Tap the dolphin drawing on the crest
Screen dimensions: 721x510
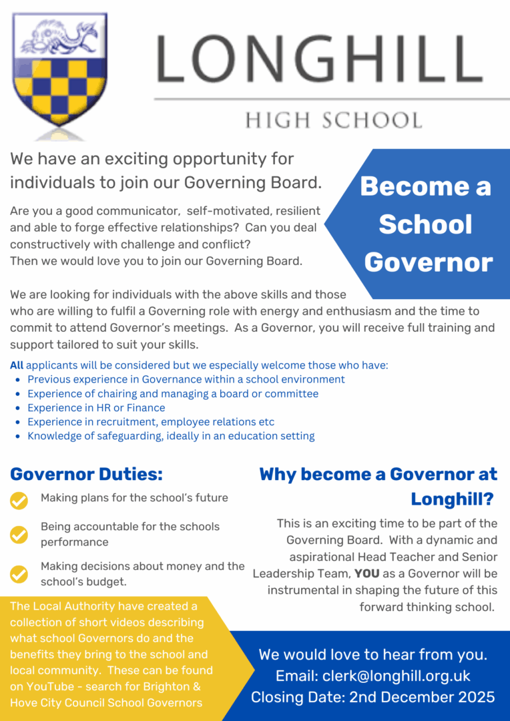click(60, 37)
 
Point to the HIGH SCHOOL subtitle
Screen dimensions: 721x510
click(334, 120)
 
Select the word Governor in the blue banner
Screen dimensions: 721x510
click(428, 262)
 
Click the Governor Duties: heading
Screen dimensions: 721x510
click(87, 475)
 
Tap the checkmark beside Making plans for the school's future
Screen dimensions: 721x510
click(19, 500)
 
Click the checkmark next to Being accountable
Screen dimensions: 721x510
click(19, 534)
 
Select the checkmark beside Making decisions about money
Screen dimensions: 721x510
click(19, 573)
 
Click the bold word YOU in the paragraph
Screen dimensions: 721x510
click(366, 573)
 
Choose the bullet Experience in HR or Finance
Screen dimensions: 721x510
click(96, 407)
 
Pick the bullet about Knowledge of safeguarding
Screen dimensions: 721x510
click(171, 436)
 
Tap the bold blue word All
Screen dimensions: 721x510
click(17, 365)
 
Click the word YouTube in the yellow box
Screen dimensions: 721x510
click(47, 686)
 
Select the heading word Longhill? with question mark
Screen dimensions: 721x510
click(452, 499)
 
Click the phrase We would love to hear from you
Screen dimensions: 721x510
click(373, 654)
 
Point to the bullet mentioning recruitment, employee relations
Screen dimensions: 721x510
click(151, 422)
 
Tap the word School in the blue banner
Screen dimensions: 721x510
click(425, 225)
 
